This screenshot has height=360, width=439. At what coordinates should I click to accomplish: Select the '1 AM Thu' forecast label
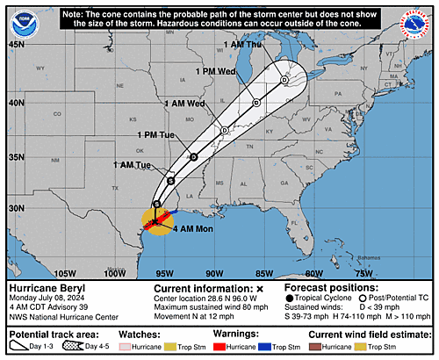[x=243, y=44]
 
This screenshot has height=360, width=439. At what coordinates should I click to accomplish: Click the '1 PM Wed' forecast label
[x=213, y=70]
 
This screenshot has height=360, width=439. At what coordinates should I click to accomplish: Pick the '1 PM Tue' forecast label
[x=158, y=135]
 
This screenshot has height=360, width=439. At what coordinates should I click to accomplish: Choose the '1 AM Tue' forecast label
[x=132, y=164]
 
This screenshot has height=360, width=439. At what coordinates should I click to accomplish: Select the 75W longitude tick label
[x=364, y=273]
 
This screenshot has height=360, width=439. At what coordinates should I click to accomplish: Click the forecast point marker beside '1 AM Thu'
[x=284, y=80]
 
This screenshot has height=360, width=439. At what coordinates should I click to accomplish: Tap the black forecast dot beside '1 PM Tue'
[x=193, y=156]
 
